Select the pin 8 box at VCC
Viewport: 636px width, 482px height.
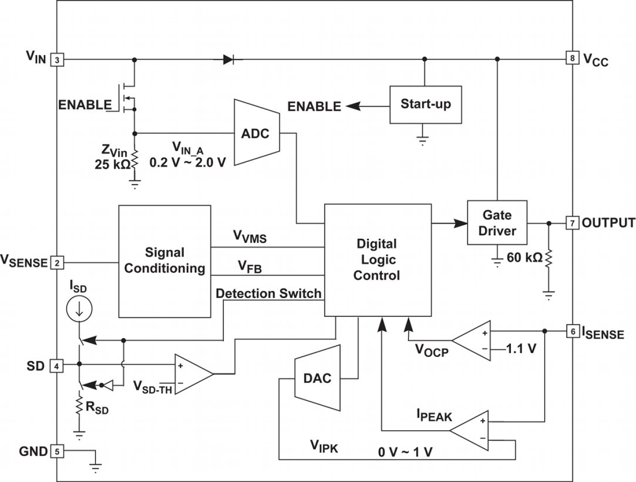(572, 59)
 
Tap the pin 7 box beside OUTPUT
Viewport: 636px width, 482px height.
(572, 223)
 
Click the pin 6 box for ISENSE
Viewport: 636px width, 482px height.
(572, 331)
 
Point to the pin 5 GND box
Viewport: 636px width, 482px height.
(57, 452)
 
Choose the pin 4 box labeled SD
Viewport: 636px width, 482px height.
(57, 365)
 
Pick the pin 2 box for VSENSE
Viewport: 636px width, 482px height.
(57, 263)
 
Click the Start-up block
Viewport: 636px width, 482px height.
(425, 104)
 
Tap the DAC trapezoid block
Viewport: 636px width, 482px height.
(316, 378)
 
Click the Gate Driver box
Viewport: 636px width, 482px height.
(497, 224)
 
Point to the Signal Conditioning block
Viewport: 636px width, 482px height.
(164, 261)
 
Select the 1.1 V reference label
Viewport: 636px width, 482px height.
(521, 349)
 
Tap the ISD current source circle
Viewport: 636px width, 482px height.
(79, 309)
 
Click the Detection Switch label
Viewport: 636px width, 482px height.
(269, 293)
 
